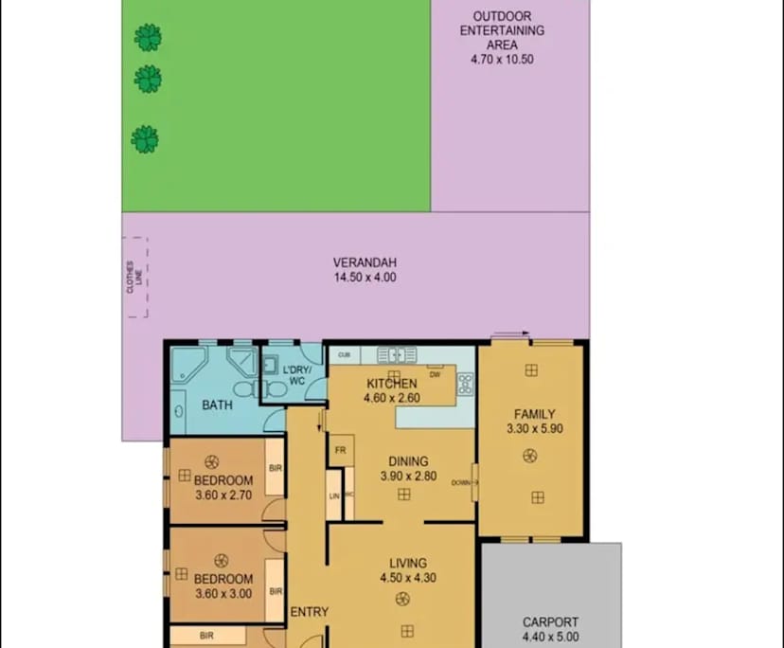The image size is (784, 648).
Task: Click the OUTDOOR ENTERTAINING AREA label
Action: [x=502, y=30]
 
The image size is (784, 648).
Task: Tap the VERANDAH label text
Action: [x=364, y=263]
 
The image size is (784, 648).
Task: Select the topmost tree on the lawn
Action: [x=147, y=38]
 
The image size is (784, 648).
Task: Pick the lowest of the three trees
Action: [x=145, y=139]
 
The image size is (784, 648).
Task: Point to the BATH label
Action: [x=217, y=405]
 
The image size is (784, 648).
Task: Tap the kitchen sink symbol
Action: [x=397, y=355]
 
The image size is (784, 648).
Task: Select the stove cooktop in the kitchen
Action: [x=465, y=384]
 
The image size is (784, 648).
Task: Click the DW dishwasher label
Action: [x=435, y=374]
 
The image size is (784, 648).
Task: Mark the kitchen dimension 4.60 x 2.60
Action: [x=390, y=398]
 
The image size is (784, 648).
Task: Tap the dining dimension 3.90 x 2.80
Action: [x=408, y=477]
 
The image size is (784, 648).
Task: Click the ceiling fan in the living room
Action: [x=402, y=599]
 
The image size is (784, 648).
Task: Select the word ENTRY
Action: [x=309, y=612]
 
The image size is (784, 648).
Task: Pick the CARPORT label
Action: [x=550, y=622]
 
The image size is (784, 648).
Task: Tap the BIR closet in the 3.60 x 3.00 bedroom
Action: [x=276, y=590]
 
